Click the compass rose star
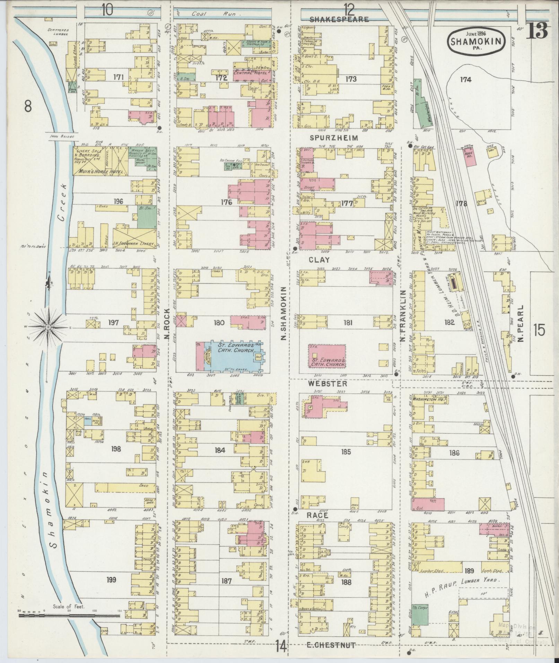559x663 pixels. (x=49, y=327)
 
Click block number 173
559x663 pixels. (x=351, y=79)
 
